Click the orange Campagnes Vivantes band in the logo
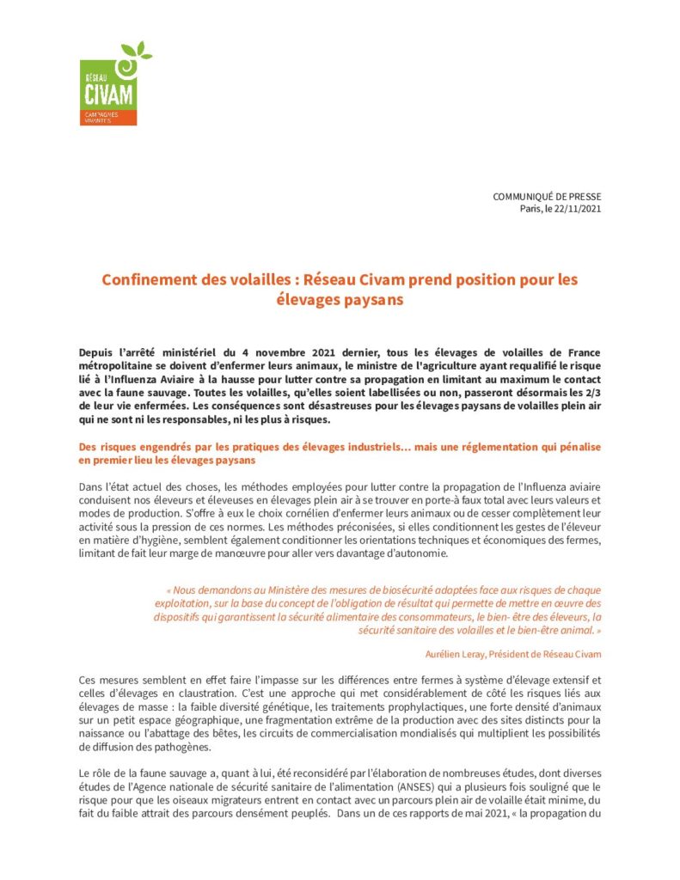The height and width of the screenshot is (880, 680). [x=107, y=118]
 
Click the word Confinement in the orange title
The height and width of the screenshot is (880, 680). [x=146, y=280]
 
